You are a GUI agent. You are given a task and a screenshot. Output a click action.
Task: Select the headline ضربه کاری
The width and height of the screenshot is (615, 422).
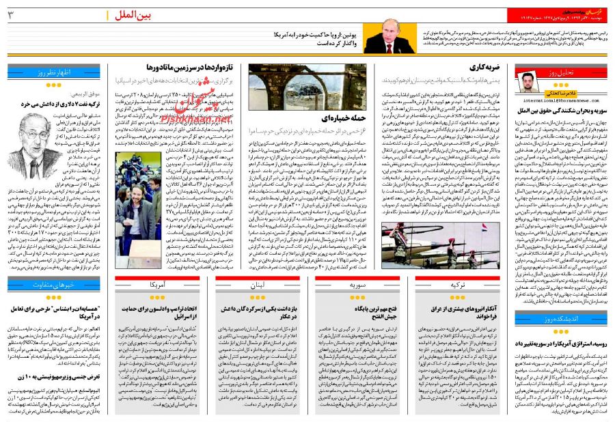click(x=487, y=68)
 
